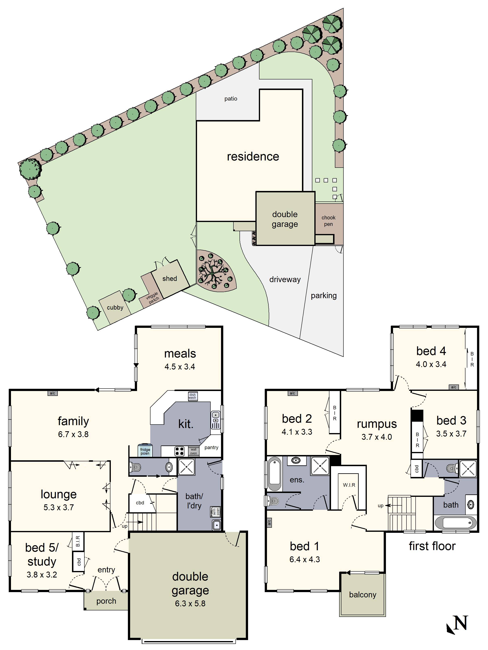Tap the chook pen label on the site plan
click(328, 221)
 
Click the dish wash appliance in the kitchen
click(192, 396)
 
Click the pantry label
click(211, 447)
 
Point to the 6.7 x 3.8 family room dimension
click(73, 434)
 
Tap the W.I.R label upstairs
click(349, 485)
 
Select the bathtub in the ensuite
click(274, 473)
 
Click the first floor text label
click(432, 546)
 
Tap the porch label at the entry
click(106, 601)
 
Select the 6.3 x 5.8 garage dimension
click(190, 603)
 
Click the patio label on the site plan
click(231, 99)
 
